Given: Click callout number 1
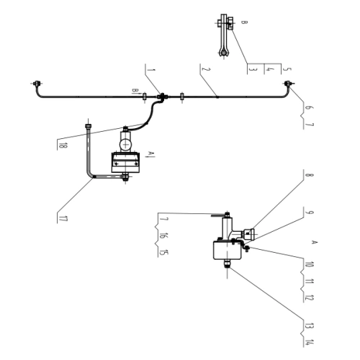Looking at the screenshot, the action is (x=151, y=70).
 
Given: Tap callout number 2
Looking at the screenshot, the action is (x=206, y=69).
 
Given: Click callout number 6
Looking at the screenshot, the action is (x=308, y=107).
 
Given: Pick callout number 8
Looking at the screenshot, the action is (x=309, y=174).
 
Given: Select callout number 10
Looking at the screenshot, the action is (x=309, y=264).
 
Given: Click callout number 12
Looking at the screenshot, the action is (x=309, y=298).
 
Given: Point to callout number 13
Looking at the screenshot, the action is (x=309, y=325).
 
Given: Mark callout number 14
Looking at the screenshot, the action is (x=309, y=343).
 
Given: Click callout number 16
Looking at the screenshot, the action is (x=163, y=235).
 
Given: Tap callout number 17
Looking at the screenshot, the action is (x=63, y=219).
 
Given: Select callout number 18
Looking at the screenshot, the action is (x=63, y=145).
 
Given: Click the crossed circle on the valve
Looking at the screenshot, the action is (x=126, y=145).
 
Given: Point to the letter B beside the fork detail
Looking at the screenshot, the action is (x=244, y=22).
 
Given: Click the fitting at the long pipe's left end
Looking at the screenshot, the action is (x=37, y=84).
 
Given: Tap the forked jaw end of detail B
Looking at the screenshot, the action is (x=224, y=52).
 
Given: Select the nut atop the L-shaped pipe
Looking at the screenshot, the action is (x=89, y=126).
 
